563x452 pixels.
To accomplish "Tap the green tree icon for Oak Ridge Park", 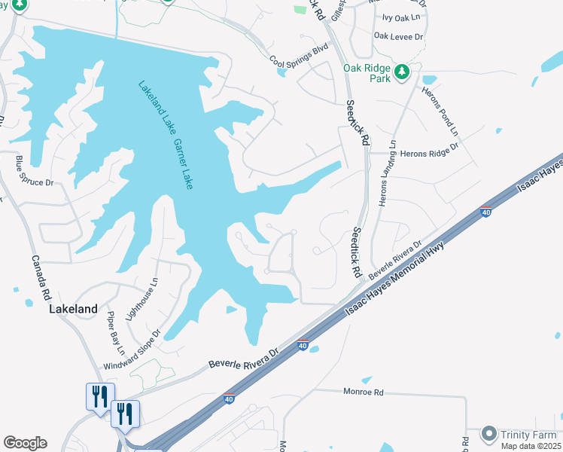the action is pyautogui.click(x=403, y=72).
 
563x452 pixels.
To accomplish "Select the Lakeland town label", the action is pyautogui.click(x=73, y=309).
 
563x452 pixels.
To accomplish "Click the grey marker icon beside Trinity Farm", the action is pyautogui.click(x=489, y=434).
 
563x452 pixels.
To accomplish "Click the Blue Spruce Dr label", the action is pyautogui.click(x=35, y=171).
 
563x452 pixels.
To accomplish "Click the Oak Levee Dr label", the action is pyautogui.click(x=399, y=35).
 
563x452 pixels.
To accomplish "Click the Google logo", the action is pyautogui.click(x=25, y=443).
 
